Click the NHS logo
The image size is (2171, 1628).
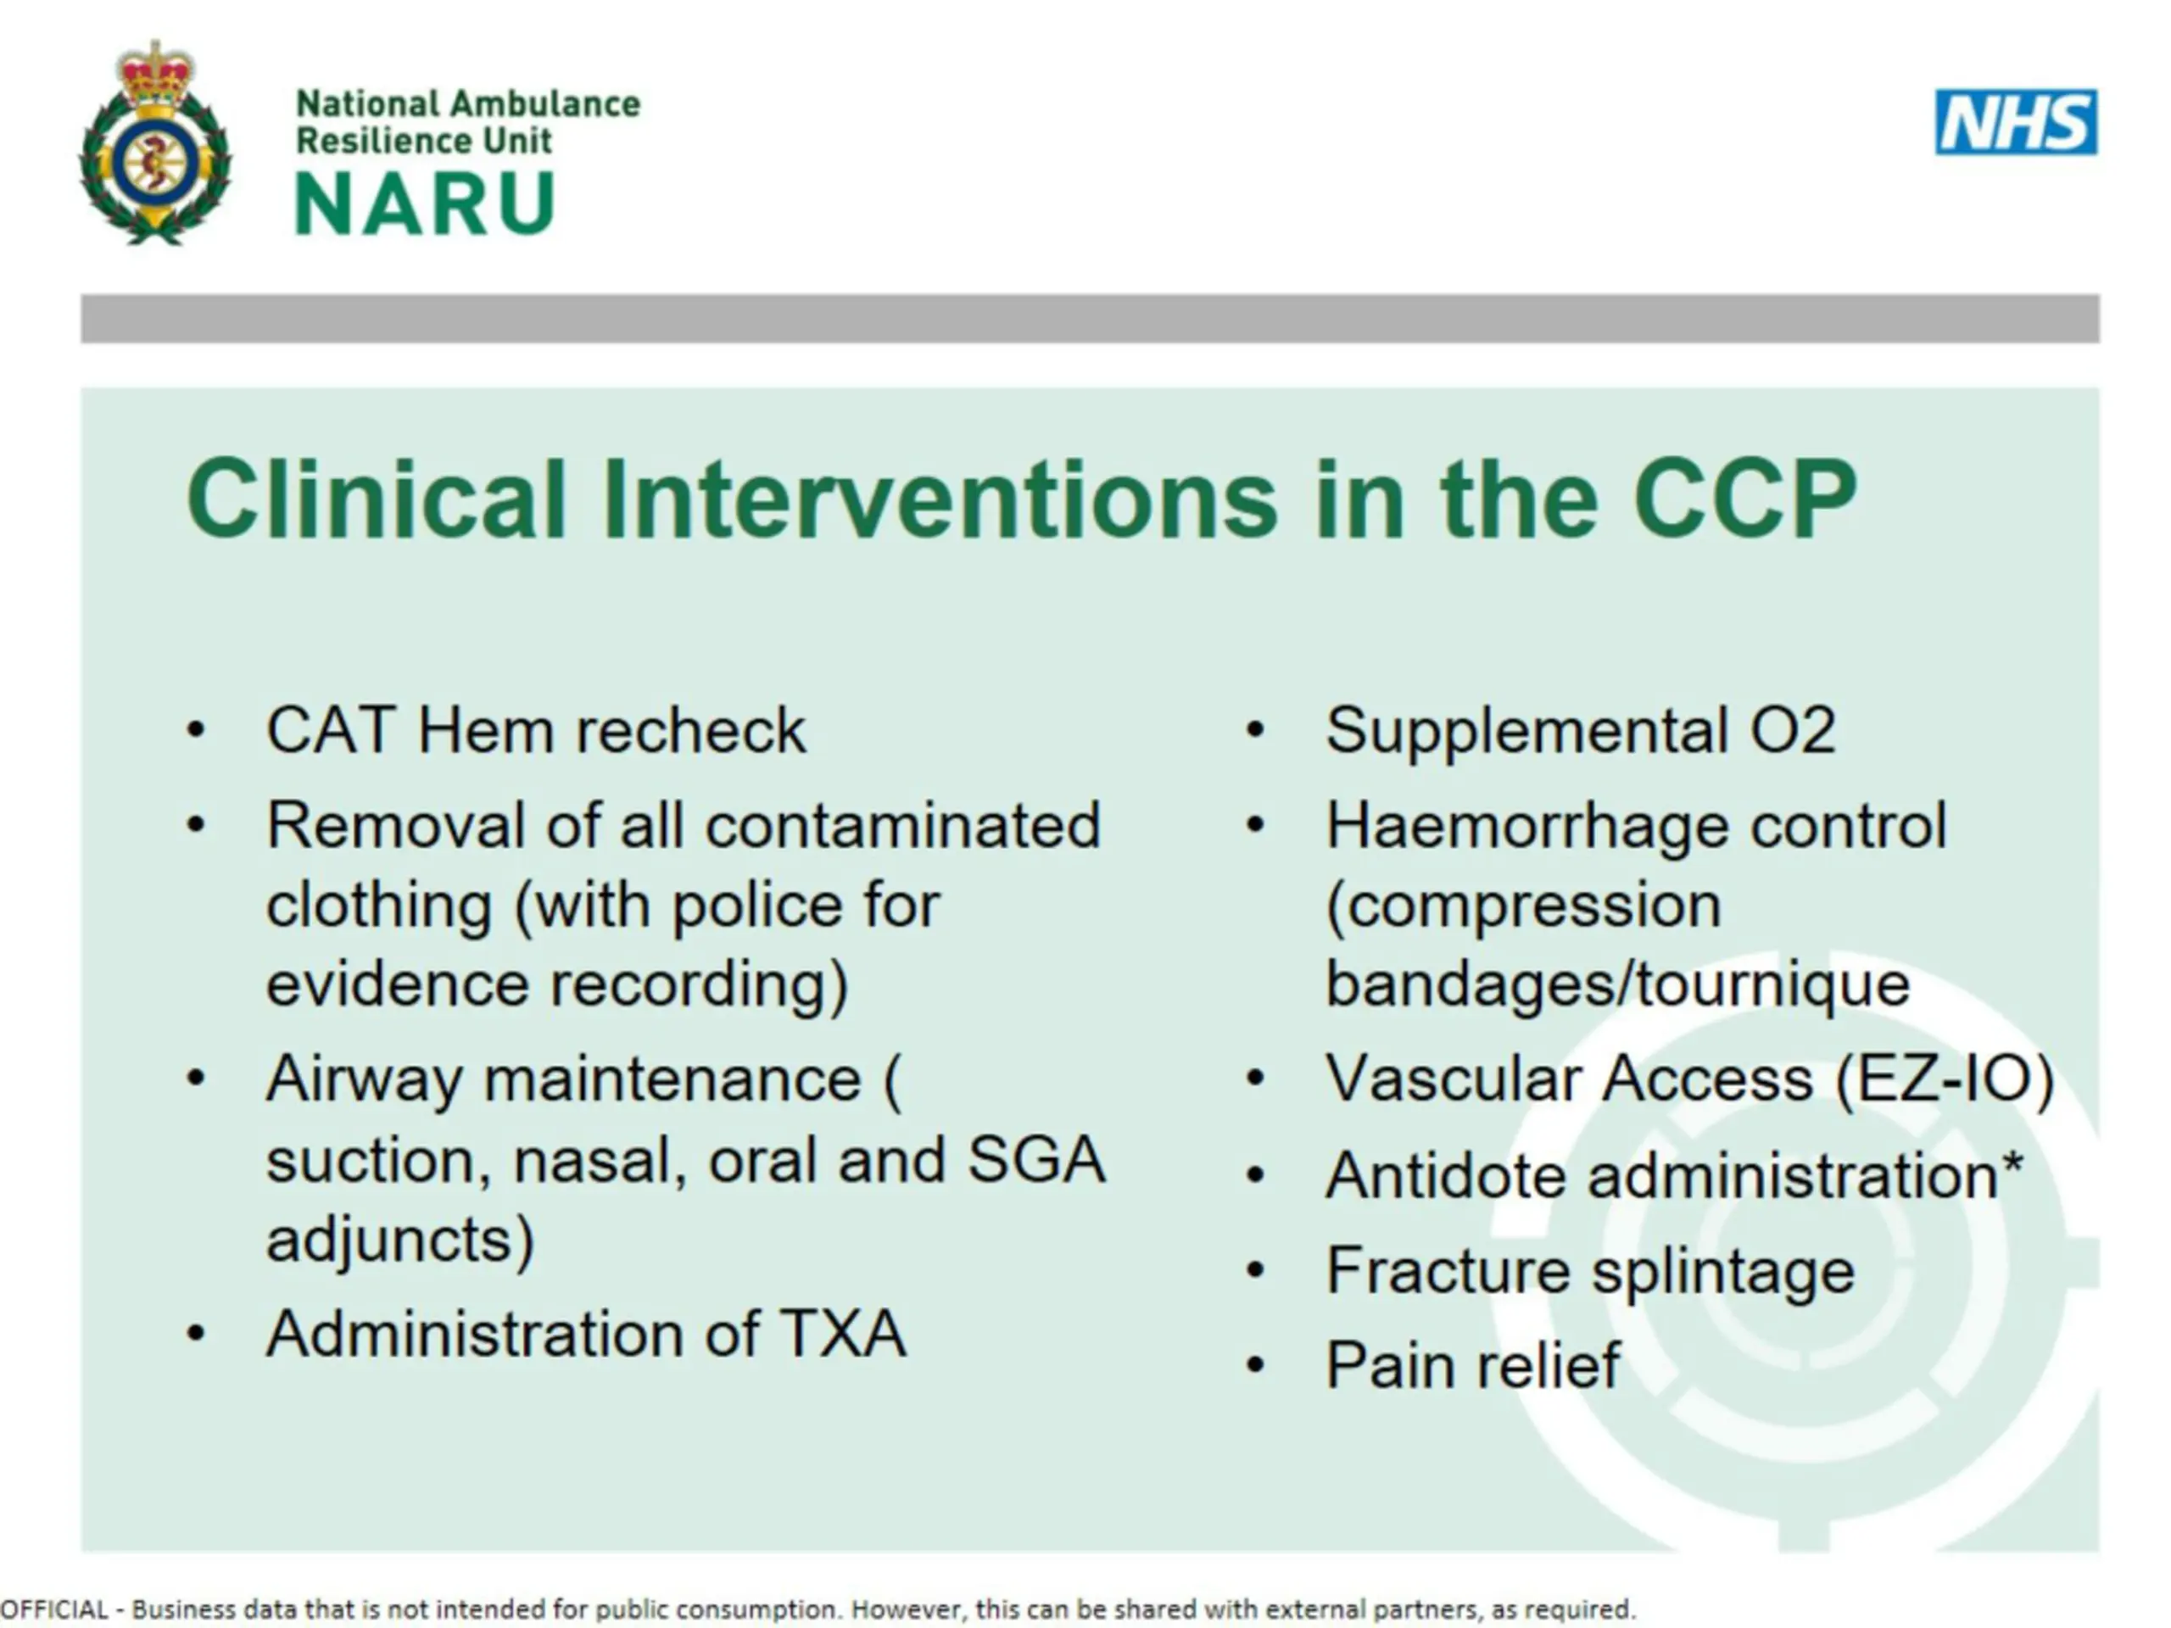[x=2016, y=123]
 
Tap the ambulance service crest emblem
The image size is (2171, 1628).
[x=155, y=142]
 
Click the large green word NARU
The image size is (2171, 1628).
[x=425, y=204]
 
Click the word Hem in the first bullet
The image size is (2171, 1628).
[x=486, y=731]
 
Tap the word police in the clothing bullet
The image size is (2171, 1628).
[x=756, y=905]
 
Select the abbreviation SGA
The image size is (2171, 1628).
[x=1036, y=1160]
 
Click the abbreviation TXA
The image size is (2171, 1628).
[x=843, y=1334]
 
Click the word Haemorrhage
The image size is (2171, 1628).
[x=1526, y=825]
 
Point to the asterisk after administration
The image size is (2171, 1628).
[x=2012, y=1164]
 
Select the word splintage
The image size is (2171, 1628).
[x=1722, y=1273]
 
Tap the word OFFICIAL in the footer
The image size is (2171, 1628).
[x=54, y=1609]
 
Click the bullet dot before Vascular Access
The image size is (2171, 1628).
[x=1254, y=1079]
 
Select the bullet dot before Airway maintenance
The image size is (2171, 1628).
[x=195, y=1079]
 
